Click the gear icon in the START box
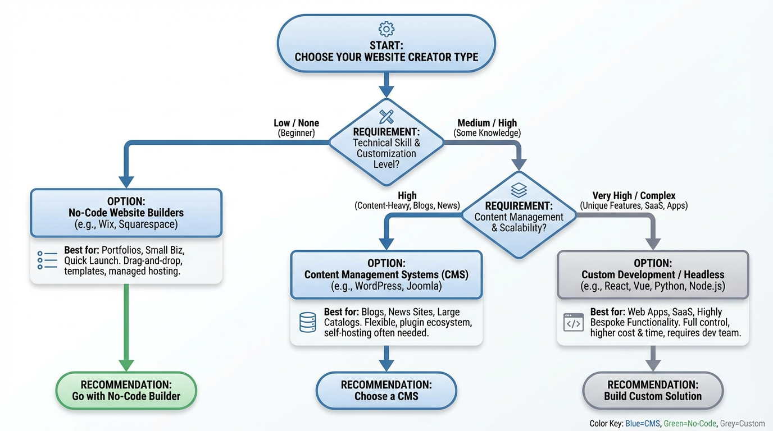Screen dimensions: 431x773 pyautogui.click(x=387, y=29)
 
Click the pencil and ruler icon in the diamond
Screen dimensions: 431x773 pyautogui.click(x=387, y=116)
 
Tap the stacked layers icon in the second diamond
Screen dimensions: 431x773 pyautogui.click(x=519, y=190)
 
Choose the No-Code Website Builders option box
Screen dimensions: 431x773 pyautogui.click(x=126, y=213)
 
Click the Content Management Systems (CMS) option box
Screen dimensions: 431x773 pyautogui.click(x=387, y=274)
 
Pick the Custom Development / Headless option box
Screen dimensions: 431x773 pyautogui.click(x=653, y=274)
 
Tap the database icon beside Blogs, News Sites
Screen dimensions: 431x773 pyautogui.click(x=307, y=323)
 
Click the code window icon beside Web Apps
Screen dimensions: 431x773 pyautogui.click(x=574, y=323)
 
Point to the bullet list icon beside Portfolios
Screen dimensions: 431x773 pyautogui.click(x=47, y=260)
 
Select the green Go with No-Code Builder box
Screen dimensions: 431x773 pyautogui.click(x=126, y=391)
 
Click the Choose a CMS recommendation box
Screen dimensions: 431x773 pyautogui.click(x=387, y=391)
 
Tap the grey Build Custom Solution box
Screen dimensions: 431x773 pyautogui.click(x=653, y=391)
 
